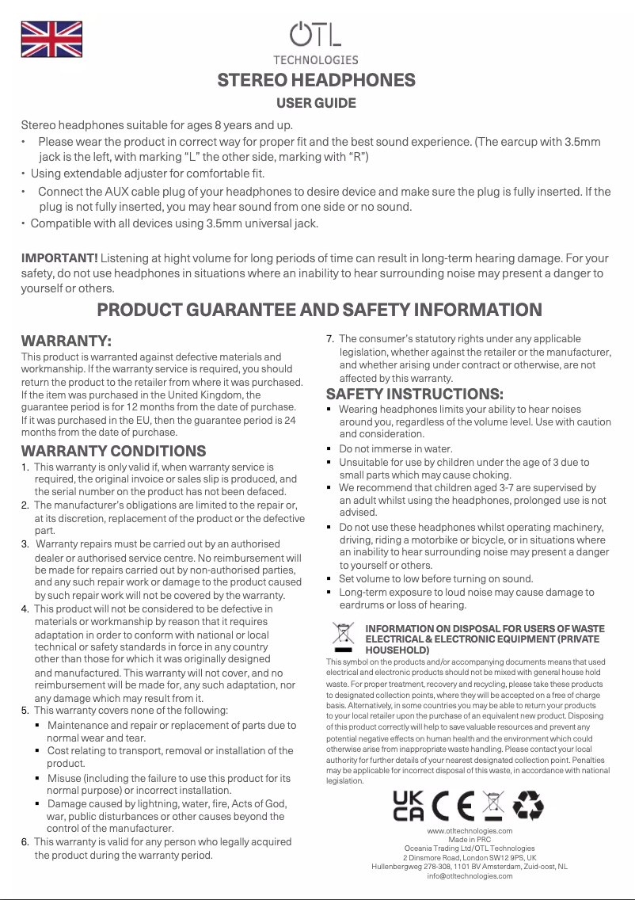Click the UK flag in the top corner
tap(50, 40)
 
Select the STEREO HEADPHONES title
tap(316, 81)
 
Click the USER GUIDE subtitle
tap(316, 103)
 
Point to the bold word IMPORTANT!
tap(59, 258)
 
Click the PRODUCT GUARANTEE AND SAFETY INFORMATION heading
tap(318, 310)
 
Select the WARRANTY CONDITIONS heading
tap(113, 451)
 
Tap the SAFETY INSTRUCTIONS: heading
tap(415, 394)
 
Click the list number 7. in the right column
tap(331, 339)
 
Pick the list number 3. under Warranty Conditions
tap(26, 544)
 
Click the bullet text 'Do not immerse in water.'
tap(396, 448)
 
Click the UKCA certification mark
tap(409, 806)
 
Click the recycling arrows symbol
tap(528, 806)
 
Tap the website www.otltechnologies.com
tap(470, 830)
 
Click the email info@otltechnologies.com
tap(470, 875)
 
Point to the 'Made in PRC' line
tap(470, 839)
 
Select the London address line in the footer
tap(470, 857)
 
